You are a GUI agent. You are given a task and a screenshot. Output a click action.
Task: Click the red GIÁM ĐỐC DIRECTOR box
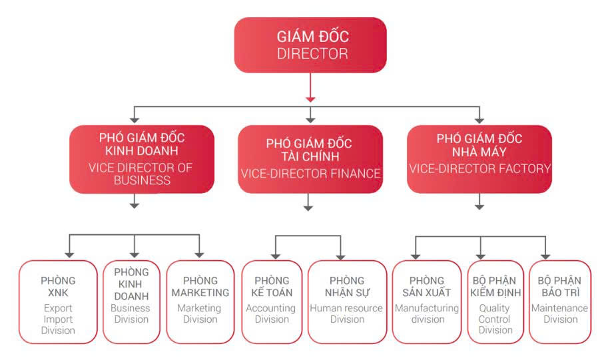point(310,45)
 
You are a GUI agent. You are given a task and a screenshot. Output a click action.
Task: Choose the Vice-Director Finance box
point(310,158)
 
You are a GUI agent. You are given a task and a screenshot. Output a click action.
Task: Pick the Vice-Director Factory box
point(479,158)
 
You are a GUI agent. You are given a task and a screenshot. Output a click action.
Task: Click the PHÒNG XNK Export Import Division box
point(58,301)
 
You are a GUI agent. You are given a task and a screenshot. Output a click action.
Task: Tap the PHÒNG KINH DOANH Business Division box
point(131,301)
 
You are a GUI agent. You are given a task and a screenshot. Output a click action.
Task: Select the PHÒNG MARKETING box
point(199,301)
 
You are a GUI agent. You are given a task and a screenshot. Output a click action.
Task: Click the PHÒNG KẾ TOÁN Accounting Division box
point(271,301)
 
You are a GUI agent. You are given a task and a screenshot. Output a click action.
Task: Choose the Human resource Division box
point(346,301)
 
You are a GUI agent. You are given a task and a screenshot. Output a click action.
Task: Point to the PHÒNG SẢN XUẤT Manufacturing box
point(427,301)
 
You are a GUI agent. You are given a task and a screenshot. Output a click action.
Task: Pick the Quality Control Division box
point(495,301)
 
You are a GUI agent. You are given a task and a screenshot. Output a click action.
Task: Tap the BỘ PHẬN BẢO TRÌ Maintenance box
point(559,301)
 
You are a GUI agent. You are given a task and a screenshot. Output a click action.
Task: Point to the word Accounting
point(270,308)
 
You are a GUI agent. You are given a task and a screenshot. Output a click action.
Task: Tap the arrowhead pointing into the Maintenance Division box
point(545,254)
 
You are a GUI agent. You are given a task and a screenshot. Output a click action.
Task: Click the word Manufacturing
point(427,308)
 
